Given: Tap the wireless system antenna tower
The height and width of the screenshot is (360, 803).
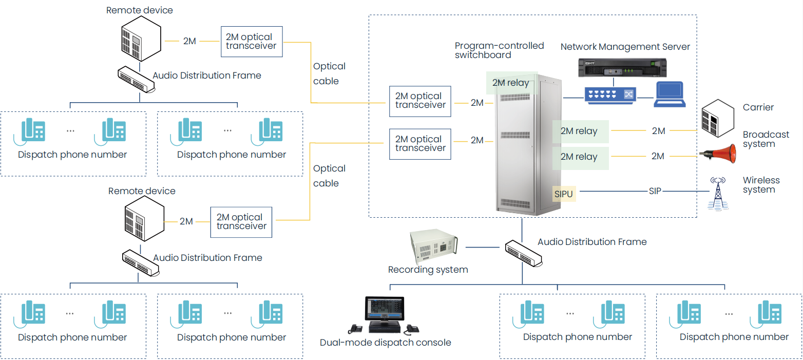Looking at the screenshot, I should coord(717,194).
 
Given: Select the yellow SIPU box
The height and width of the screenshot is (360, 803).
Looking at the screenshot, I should coord(563,194).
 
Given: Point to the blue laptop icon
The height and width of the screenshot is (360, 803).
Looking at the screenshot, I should coord(670,94).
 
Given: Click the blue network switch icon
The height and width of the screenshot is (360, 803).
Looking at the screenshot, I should coord(609,94).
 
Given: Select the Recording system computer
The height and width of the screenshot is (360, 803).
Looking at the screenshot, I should coord(433,246).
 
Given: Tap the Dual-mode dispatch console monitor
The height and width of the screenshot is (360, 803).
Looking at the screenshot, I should coord(383,310).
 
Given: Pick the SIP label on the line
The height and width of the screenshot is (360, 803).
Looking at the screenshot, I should coord(655,191).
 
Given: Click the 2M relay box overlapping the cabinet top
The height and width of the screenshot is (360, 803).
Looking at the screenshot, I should coord(511,83).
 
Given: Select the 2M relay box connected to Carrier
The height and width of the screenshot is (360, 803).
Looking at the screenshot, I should coord(580,131).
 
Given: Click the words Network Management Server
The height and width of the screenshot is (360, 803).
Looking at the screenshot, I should coord(625,47).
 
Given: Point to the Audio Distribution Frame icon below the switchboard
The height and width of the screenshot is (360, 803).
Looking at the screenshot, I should coord(524,253).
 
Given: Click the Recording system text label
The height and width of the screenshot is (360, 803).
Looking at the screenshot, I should coord(428,270).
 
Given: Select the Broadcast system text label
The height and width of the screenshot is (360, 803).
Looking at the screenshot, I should coord(766,139).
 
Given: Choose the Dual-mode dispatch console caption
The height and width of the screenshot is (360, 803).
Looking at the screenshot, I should coord(385,343).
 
